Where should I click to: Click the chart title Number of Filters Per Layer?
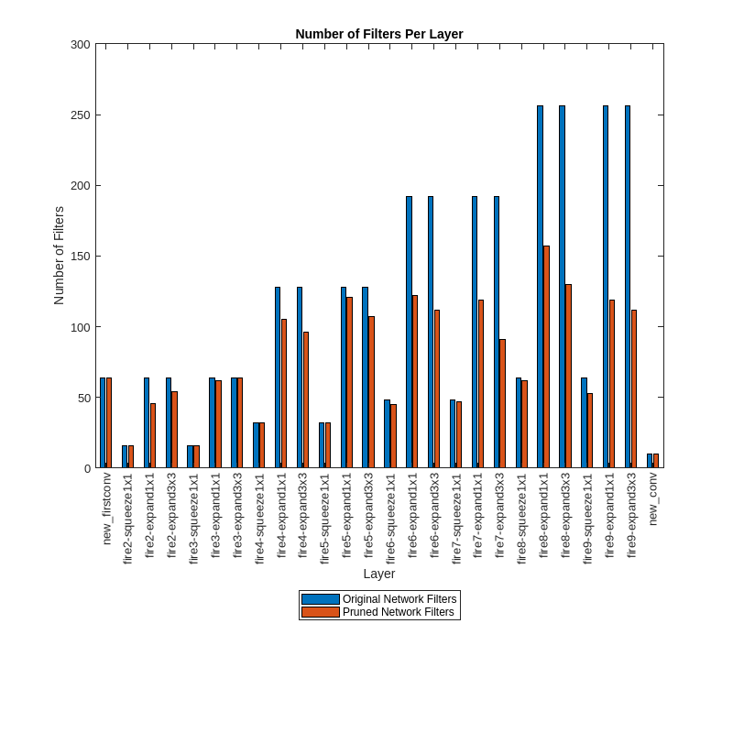(378, 34)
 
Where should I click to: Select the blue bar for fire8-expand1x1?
(540, 287)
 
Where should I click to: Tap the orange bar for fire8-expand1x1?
(546, 356)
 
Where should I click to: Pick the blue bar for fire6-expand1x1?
(409, 332)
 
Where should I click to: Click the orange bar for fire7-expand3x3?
(502, 403)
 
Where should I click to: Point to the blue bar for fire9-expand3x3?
(628, 287)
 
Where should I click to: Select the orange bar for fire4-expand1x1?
(284, 393)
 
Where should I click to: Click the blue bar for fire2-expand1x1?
(147, 422)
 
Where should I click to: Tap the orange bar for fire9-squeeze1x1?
(590, 431)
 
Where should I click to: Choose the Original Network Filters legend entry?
(379, 599)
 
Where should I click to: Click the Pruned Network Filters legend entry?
(378, 612)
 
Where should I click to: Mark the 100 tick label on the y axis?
(81, 327)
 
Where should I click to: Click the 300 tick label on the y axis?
(81, 45)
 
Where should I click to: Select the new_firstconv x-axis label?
(106, 509)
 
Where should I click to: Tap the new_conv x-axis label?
(653, 498)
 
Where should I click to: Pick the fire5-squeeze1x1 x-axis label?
(325, 518)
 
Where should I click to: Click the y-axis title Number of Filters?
(59, 256)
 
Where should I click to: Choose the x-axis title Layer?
(378, 574)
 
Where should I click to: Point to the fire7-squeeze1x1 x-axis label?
(456, 518)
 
